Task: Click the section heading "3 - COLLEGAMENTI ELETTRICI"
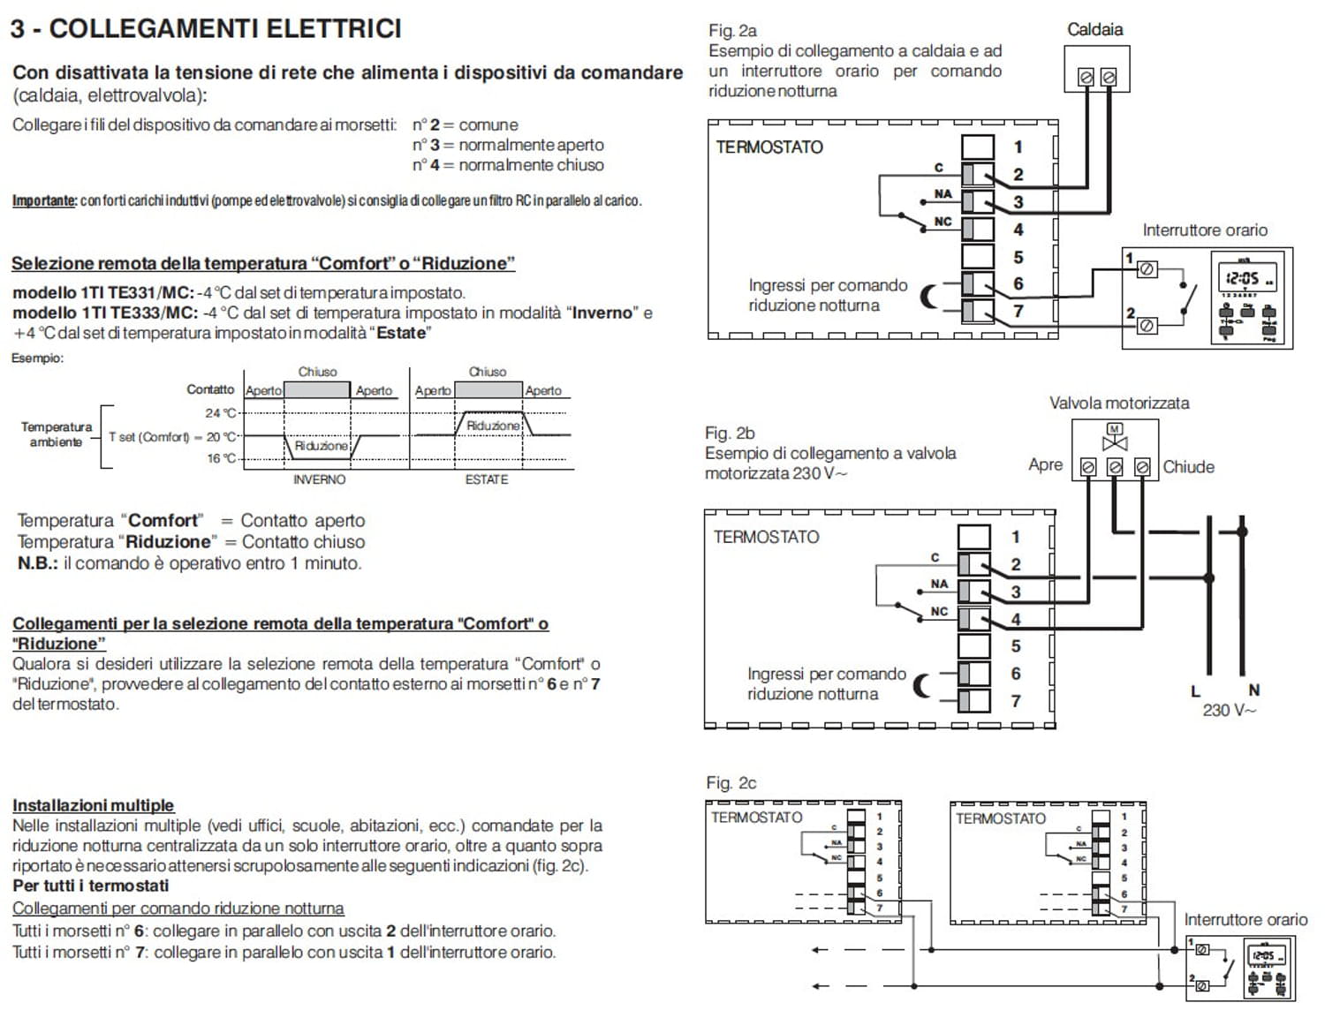[206, 28]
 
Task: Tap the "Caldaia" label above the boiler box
[1094, 29]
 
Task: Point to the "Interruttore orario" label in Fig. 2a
[1204, 230]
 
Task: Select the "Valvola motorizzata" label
[1118, 403]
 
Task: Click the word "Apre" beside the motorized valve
[1045, 464]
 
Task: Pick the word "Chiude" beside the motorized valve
[1188, 467]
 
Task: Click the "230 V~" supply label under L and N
[1228, 710]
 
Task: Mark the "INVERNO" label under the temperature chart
[319, 479]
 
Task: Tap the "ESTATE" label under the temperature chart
[487, 479]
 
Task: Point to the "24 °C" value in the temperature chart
[221, 412]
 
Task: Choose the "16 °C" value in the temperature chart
[221, 458]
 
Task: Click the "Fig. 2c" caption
[731, 783]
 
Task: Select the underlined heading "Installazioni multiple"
[93, 805]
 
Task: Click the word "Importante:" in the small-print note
[44, 200]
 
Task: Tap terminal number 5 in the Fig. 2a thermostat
[1018, 257]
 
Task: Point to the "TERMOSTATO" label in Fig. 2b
[766, 537]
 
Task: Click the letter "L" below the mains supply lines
[1195, 690]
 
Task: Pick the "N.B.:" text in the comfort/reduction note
[38, 563]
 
